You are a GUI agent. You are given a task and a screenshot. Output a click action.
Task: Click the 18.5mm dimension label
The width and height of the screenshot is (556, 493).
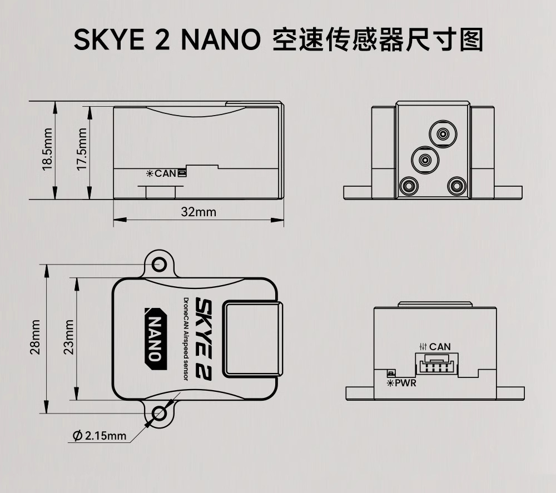pos(47,149)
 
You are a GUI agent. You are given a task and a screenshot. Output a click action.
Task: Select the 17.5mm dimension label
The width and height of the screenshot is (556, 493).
pos(82,149)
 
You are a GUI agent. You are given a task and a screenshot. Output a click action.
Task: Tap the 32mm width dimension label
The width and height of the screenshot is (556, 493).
pos(198,212)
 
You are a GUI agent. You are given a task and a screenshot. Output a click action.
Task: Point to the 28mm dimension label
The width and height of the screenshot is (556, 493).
pos(36,337)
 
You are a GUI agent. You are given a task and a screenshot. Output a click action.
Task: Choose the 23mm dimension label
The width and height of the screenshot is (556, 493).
pos(69,337)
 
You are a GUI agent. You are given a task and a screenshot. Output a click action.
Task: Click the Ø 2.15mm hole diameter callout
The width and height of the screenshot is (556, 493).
pos(100,435)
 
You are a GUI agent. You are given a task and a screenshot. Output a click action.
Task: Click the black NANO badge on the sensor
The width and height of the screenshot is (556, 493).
pos(155,338)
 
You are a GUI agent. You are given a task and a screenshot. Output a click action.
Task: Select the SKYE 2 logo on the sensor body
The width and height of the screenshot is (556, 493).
pos(203,339)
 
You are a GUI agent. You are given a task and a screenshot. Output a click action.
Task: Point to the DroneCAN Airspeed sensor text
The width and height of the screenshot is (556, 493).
pos(186,339)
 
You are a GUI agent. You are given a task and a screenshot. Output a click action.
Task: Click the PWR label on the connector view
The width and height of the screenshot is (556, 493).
pos(405,383)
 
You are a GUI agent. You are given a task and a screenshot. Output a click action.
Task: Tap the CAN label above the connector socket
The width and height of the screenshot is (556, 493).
pos(440,347)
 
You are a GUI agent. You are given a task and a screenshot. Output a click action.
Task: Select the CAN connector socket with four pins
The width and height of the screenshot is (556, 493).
pos(436,364)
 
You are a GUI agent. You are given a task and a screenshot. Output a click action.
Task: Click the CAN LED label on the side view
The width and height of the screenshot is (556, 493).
pos(165,173)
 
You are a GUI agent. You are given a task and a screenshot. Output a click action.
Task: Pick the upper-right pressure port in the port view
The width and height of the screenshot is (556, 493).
pos(443,135)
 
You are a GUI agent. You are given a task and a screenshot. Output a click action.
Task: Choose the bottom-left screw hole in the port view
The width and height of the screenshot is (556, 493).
pos(409,186)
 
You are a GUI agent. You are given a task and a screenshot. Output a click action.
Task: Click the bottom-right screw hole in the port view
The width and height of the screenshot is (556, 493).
pos(456,186)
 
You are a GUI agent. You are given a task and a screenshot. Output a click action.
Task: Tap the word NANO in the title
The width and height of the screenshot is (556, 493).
pos(221,39)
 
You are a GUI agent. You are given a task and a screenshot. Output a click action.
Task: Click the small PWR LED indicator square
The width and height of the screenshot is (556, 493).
pos(391,374)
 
